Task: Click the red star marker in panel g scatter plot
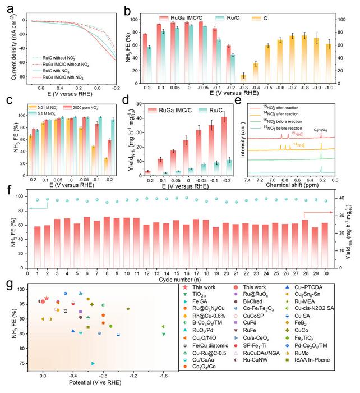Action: (47, 299)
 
